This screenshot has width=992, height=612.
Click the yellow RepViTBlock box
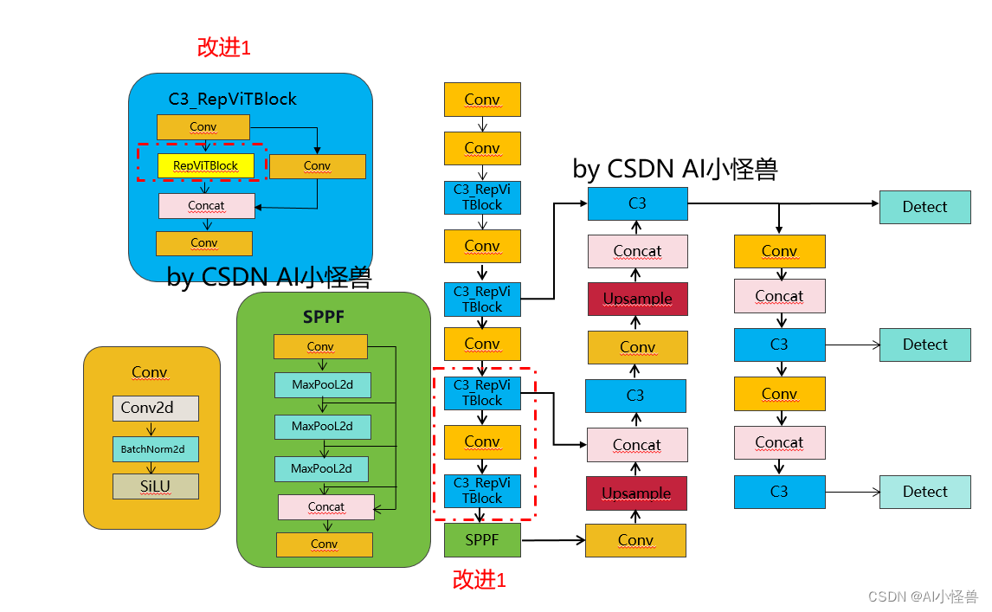[x=205, y=165]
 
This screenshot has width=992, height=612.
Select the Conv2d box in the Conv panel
[x=155, y=408]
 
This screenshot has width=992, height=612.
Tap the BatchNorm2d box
[x=155, y=449]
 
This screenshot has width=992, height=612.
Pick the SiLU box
[x=155, y=486]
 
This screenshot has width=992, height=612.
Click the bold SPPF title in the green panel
[x=324, y=318]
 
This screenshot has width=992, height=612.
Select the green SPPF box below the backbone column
[x=482, y=539]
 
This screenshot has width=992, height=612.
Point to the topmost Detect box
[x=924, y=207]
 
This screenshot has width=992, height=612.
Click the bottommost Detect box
[x=924, y=492]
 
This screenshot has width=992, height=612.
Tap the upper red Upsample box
[x=637, y=299]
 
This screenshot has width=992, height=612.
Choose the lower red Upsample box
[x=636, y=493]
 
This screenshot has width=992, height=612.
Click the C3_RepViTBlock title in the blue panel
[x=232, y=100]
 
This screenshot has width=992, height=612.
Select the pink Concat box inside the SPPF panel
[x=325, y=506]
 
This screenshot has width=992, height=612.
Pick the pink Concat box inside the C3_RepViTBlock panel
[x=206, y=206]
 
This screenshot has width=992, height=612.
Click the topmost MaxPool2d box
[x=322, y=385]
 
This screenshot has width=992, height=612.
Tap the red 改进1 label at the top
[x=223, y=48]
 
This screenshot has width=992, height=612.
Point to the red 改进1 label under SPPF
[x=479, y=580]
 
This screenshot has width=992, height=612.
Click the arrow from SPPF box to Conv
[x=553, y=540]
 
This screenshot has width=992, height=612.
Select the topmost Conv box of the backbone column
[x=482, y=100]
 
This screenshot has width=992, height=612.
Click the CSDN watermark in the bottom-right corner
[x=922, y=596]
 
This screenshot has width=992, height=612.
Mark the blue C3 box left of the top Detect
[x=637, y=203]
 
